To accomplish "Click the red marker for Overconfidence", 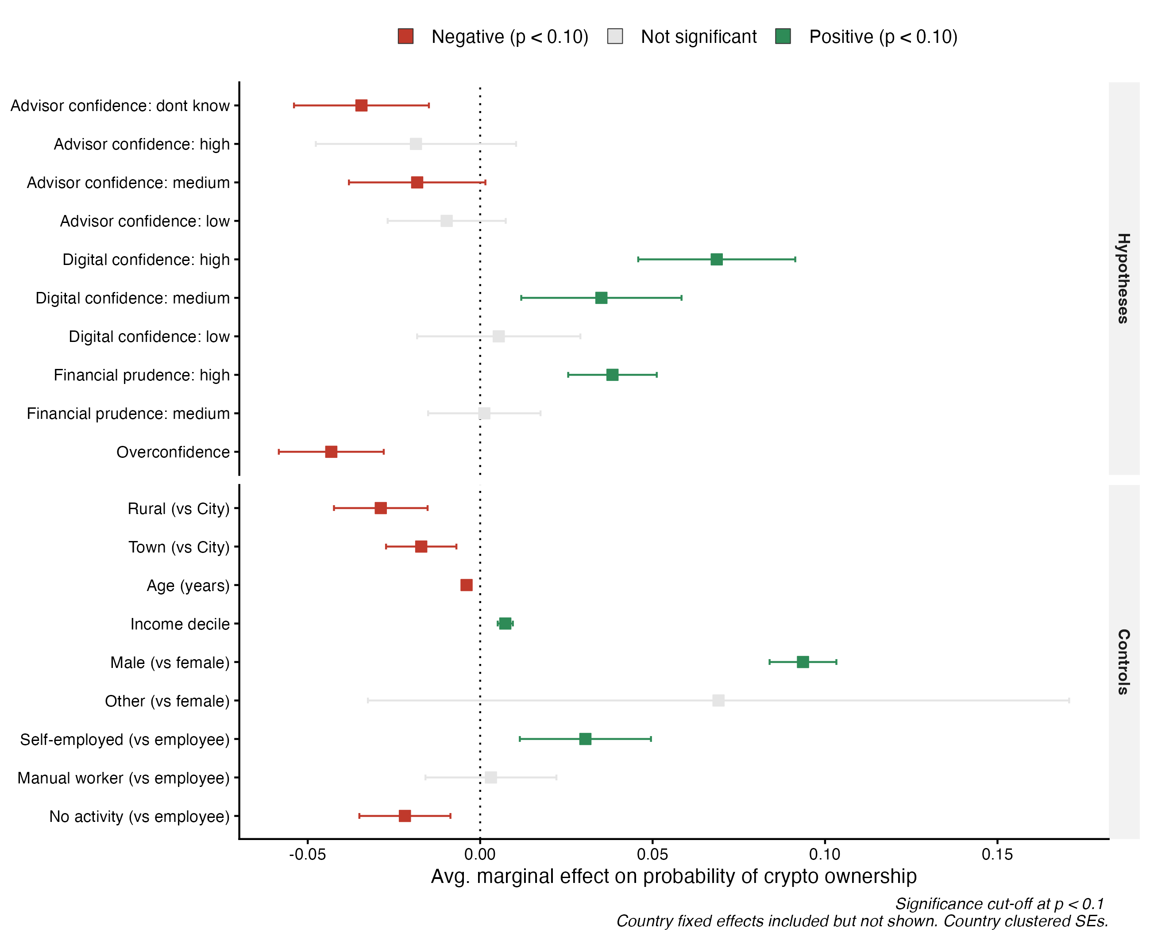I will (331, 452).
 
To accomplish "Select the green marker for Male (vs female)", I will (803, 662).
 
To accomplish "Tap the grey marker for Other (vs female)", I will (718, 700).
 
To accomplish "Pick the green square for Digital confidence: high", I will (716, 259).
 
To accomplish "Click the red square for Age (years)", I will (467, 585).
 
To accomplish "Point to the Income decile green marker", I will (505, 623).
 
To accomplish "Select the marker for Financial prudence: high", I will (612, 375).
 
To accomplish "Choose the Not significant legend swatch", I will (615, 36).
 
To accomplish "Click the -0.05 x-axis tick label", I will (307, 855).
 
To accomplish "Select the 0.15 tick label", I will (997, 855).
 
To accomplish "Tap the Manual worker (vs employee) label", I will (123, 778).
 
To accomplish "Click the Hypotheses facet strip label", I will (1123, 278).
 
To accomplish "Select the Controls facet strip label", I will (1123, 662).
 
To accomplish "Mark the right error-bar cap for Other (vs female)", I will (1069, 700).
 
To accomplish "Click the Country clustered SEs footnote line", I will (862, 921).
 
